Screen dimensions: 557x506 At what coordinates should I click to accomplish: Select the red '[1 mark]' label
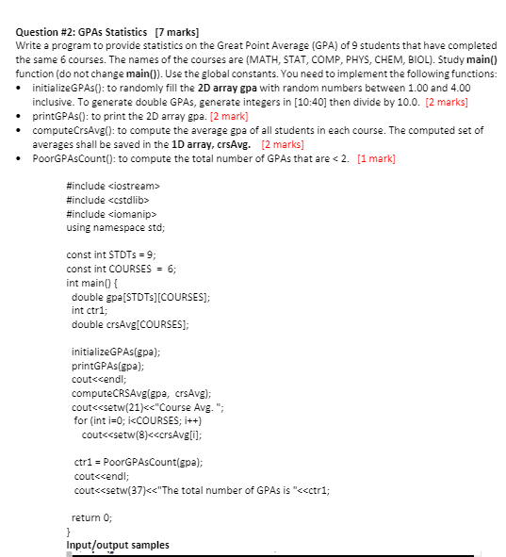pyautogui.click(x=376, y=157)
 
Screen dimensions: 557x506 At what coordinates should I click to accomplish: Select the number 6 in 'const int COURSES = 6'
pyautogui.click(x=171, y=269)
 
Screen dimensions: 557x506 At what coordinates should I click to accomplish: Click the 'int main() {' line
pyautogui.click(x=91, y=283)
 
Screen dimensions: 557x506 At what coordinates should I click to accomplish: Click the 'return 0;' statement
pyautogui.click(x=92, y=517)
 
